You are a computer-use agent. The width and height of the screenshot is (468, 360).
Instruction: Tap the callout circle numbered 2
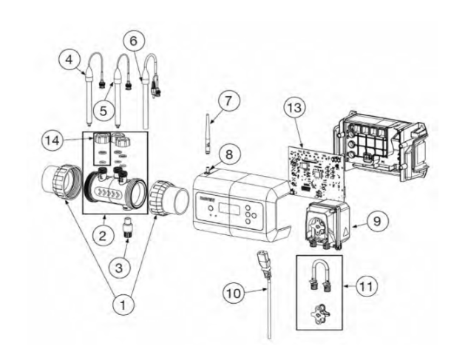(x=103, y=235)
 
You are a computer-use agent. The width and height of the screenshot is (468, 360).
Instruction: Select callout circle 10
(x=234, y=293)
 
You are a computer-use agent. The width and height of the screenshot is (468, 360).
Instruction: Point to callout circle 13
(x=293, y=108)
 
